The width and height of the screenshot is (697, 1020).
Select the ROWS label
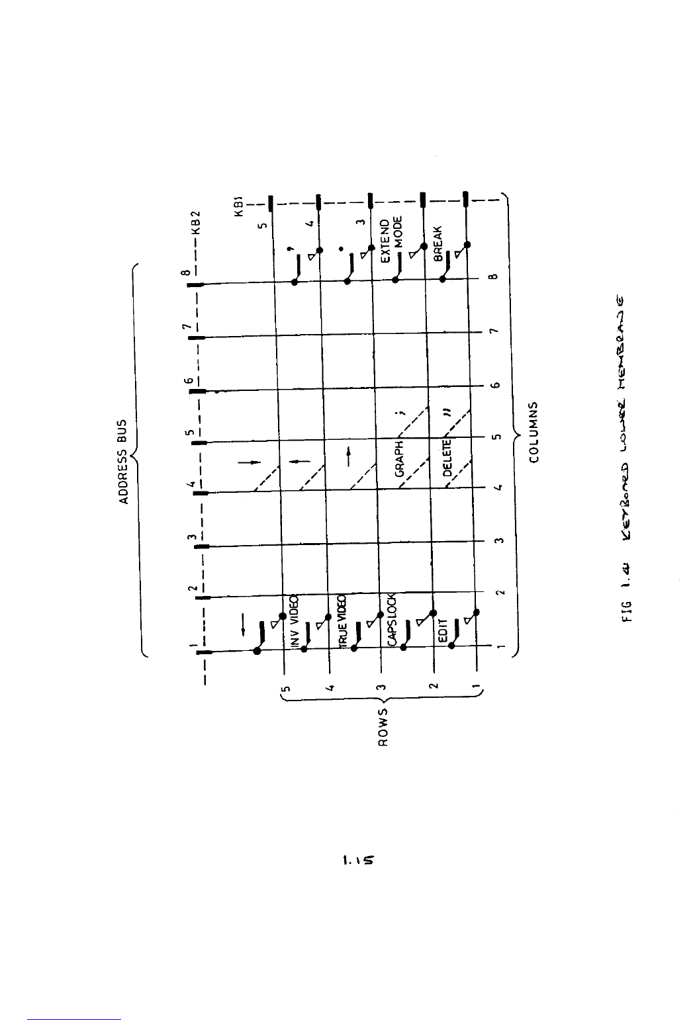(383, 726)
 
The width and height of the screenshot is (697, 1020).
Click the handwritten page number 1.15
(357, 861)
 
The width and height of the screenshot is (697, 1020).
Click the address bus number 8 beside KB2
(187, 272)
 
